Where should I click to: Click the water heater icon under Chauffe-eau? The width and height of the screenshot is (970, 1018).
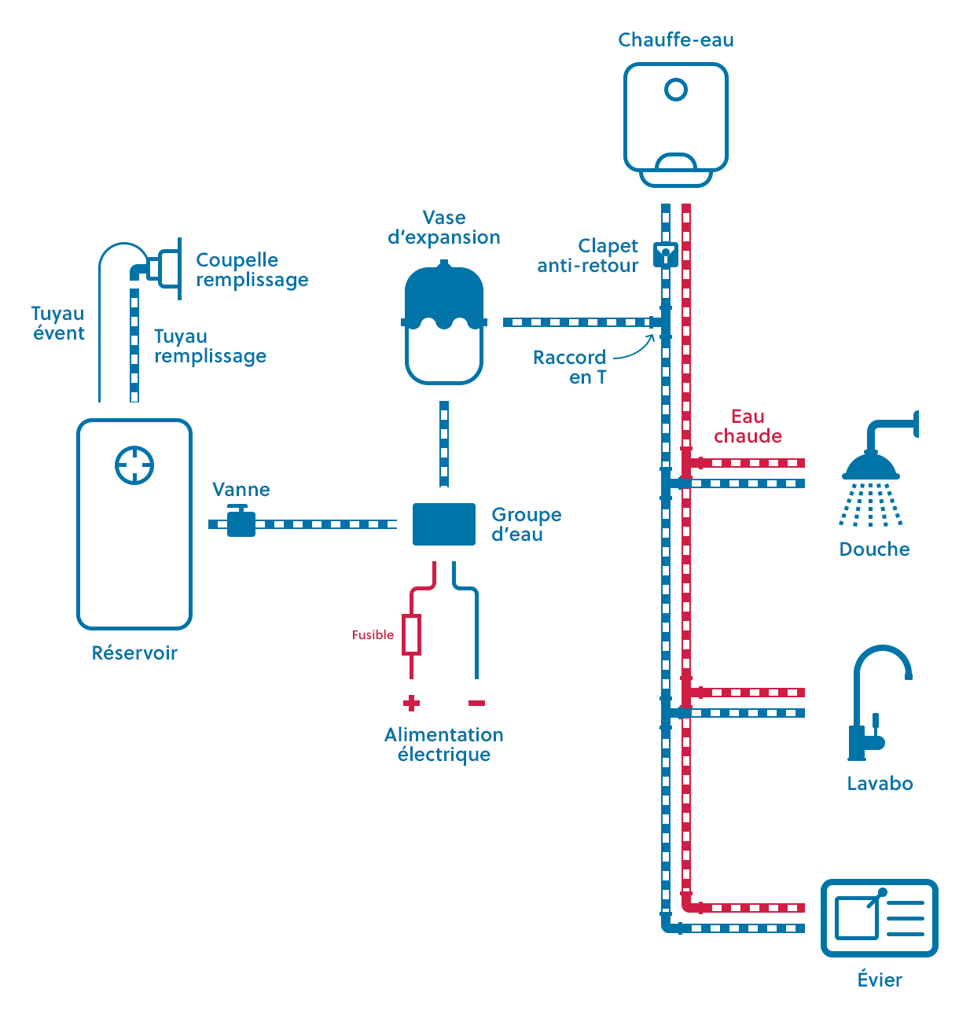(675, 124)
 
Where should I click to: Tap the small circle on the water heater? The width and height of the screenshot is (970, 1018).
(675, 90)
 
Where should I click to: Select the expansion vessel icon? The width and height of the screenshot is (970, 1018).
(444, 324)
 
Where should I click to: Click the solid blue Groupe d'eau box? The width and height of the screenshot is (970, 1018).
(444, 524)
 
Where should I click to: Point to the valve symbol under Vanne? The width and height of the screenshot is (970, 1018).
(241, 522)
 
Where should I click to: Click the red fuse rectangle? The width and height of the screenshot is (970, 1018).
(411, 635)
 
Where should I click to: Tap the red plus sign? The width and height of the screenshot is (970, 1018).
(411, 703)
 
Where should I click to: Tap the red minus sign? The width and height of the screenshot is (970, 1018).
(476, 703)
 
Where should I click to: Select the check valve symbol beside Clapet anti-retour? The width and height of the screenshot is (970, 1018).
(666, 254)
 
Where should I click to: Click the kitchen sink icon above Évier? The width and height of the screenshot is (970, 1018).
(879, 918)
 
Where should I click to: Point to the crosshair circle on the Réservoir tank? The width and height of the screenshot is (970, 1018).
(134, 465)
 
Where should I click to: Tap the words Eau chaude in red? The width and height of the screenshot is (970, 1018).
(748, 426)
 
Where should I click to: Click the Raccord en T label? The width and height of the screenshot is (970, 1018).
(570, 367)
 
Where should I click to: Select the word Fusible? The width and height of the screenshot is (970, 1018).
(373, 635)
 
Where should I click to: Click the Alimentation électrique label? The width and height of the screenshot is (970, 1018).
(444, 744)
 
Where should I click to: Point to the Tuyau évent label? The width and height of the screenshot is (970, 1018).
(58, 323)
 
